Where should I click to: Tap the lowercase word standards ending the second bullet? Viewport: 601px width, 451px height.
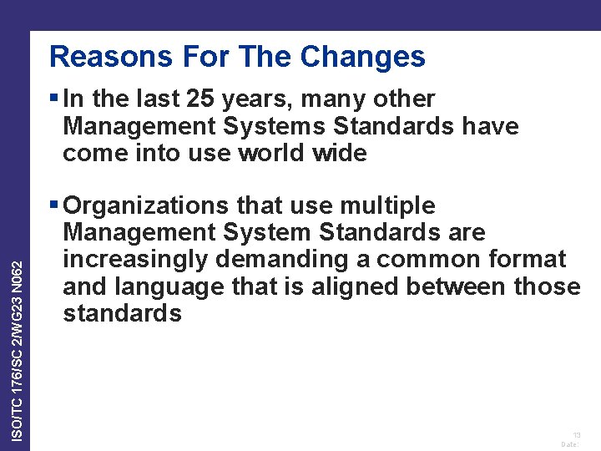122,313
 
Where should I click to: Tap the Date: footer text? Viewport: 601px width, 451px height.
571,444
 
